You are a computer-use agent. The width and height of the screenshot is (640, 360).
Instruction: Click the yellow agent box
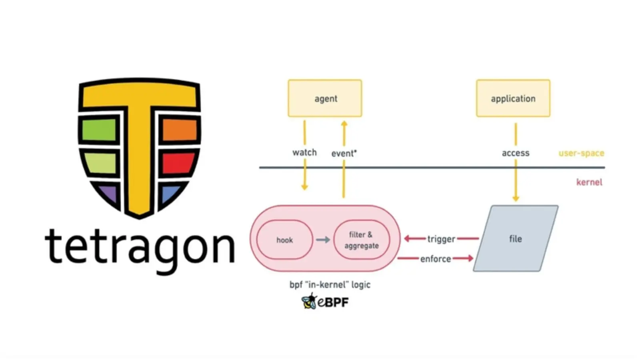click(x=325, y=98)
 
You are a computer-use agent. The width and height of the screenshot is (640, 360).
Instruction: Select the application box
click(x=513, y=98)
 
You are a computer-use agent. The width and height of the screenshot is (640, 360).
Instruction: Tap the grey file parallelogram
click(x=516, y=239)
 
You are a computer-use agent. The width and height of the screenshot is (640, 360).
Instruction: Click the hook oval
click(x=284, y=240)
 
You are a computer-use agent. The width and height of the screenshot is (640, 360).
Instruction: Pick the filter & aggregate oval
click(x=362, y=240)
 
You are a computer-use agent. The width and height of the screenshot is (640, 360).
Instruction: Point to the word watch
click(x=304, y=152)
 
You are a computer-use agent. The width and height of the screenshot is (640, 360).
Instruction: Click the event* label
click(x=344, y=153)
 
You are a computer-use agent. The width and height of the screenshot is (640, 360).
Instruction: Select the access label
click(x=516, y=153)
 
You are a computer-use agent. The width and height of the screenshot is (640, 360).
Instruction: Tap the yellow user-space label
click(x=581, y=153)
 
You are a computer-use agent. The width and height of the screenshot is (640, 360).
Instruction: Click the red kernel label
click(x=589, y=182)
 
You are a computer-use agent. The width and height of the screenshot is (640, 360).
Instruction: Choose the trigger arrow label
click(x=441, y=239)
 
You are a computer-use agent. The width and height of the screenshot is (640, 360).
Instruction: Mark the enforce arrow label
click(x=436, y=259)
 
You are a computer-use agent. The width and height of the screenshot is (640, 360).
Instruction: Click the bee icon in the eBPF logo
click(x=309, y=301)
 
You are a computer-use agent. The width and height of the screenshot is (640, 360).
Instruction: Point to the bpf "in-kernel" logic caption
click(x=330, y=284)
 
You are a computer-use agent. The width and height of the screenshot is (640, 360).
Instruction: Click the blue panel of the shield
click(x=171, y=194)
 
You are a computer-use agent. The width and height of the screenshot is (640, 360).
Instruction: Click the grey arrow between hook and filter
click(x=323, y=240)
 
